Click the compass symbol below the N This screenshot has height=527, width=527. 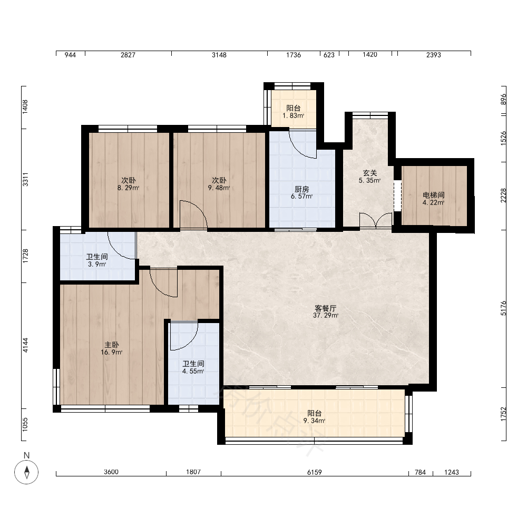pos(26,472)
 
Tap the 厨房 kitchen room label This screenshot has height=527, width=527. pos(302,189)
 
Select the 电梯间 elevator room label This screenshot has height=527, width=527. pos(434,195)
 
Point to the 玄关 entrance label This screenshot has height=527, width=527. pos(370,173)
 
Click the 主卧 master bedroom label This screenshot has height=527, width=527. pos(112,345)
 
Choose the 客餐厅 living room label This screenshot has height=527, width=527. pos(326,308)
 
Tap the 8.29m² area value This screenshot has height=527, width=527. pos(128,188)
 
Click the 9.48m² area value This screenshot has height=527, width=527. pos(219,188)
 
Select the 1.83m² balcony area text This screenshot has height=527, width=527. pos(294,115)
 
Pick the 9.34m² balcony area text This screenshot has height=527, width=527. pos(314,421)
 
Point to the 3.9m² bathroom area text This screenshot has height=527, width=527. pos(97,264)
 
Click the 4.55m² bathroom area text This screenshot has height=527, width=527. pos(193,372)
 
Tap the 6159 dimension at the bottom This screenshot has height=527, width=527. pos(315,472)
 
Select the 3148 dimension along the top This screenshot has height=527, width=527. pos(219,55)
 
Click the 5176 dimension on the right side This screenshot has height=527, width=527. pos(503,308)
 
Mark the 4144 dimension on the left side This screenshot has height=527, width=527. pos(25,345)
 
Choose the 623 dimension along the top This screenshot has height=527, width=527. pos(329,55)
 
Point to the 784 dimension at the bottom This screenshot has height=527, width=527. pos(421,472)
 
